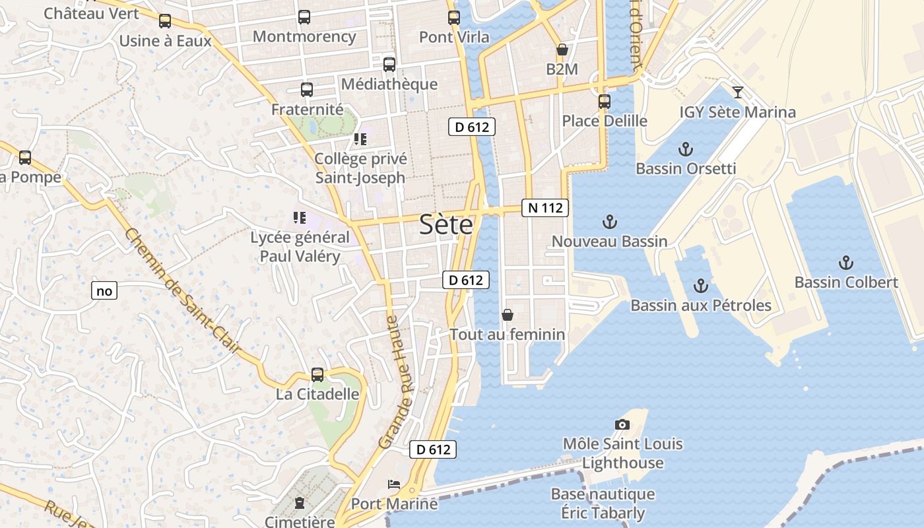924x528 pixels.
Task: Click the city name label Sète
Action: pos(447,226)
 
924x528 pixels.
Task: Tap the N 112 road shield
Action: pos(545,208)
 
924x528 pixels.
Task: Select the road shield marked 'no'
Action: pos(104,290)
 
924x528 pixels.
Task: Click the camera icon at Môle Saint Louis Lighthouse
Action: pos(622,424)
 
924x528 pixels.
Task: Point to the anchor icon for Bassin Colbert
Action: pos(845,263)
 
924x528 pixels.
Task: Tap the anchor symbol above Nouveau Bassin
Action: pos(609,222)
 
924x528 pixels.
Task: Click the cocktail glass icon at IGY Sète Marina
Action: pos(738,92)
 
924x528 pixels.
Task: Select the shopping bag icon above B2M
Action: pos(562,49)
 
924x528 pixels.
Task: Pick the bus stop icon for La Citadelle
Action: pos(317,375)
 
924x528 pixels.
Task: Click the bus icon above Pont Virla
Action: pos(454,18)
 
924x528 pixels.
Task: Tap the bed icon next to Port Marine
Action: pos(394,484)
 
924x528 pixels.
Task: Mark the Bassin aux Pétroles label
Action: pos(701,306)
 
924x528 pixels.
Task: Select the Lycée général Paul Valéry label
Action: pos(300,247)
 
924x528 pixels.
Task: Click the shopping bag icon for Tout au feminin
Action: pos(508,315)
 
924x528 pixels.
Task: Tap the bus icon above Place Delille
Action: pos(605,102)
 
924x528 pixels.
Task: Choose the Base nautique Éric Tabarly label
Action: pos(603,503)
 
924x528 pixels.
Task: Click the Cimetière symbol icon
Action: pos(300,504)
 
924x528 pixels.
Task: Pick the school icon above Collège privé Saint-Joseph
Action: pos(360,139)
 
